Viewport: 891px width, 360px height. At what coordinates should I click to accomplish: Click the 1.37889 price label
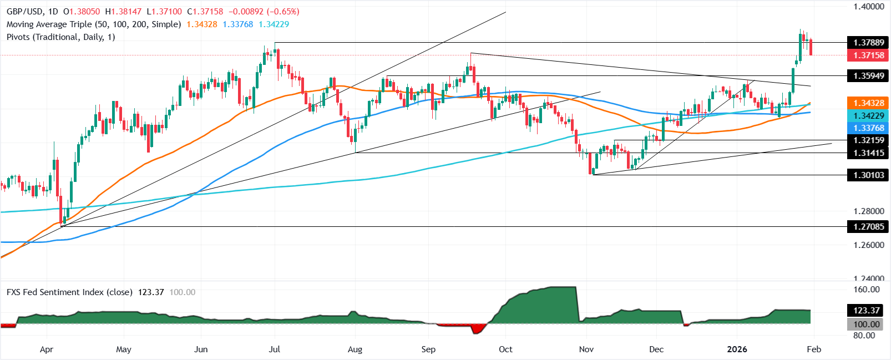coord(868,43)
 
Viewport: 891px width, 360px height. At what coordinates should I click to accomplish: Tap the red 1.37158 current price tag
coord(868,55)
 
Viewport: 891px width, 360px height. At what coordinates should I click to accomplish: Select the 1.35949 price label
coord(868,75)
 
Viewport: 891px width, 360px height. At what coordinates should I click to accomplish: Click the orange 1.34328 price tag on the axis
coord(868,103)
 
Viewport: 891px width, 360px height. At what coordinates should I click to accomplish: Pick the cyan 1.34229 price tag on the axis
coord(868,115)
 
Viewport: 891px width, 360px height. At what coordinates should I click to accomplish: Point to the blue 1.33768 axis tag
coord(868,128)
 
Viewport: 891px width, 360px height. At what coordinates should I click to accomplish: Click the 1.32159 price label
coord(868,140)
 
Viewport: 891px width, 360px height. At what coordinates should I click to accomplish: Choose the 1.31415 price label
coord(868,153)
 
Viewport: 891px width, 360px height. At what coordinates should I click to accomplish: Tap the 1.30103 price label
coord(868,175)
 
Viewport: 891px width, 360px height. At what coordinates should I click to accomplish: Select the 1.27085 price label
coord(868,226)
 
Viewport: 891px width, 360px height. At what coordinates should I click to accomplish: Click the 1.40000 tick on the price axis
coord(868,7)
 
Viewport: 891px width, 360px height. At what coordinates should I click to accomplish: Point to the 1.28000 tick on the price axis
coord(868,211)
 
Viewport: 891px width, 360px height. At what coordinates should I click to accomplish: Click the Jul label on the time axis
coord(274,349)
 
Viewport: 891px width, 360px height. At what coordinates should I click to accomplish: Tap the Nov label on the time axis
coord(586,349)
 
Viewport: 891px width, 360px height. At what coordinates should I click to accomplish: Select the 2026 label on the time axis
coord(737,349)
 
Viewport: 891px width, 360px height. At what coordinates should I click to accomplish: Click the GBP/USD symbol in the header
coord(24,12)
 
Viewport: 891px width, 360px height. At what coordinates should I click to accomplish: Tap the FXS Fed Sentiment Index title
coord(69,292)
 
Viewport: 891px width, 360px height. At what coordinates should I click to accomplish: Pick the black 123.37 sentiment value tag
coord(867,311)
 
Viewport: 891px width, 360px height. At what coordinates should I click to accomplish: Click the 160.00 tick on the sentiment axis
coord(867,290)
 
